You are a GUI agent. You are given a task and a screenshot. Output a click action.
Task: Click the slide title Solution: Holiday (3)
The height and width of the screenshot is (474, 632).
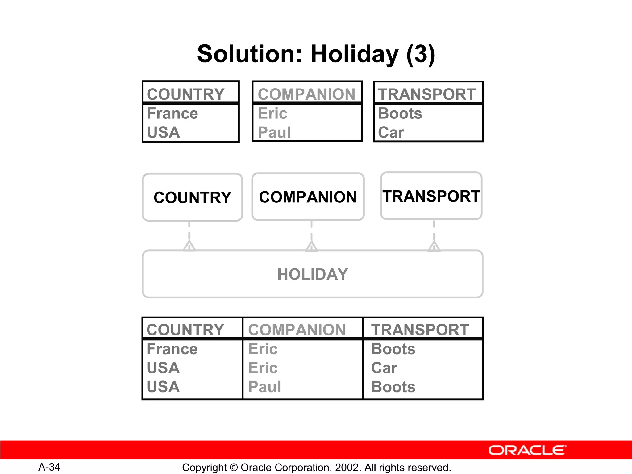(316, 54)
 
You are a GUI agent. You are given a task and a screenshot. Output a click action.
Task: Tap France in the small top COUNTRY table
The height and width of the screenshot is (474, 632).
(172, 114)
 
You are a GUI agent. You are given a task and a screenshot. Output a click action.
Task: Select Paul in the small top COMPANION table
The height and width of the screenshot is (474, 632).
(274, 133)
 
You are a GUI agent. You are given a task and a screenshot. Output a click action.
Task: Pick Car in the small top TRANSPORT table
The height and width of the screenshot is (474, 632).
(391, 133)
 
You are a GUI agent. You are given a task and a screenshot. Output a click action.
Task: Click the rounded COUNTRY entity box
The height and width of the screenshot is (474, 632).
(192, 197)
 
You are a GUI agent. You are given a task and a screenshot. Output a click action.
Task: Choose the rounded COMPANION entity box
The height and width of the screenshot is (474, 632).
(308, 197)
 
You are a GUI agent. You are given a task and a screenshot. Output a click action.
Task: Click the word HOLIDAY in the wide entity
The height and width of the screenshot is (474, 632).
(313, 274)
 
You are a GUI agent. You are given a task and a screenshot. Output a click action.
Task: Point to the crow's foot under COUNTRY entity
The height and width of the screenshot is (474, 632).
(189, 246)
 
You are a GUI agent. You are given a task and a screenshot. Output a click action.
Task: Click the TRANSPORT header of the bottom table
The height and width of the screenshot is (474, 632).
(420, 330)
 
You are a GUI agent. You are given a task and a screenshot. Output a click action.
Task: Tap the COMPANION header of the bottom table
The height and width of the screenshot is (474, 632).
(297, 330)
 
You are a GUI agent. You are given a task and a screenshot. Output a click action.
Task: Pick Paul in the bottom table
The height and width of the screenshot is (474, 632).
(264, 387)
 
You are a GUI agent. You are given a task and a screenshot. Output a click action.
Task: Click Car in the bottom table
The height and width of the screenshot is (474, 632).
(384, 368)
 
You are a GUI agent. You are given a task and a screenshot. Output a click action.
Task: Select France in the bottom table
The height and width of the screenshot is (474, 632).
(172, 349)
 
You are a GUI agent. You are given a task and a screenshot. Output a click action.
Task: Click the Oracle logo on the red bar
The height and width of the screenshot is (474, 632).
(527, 450)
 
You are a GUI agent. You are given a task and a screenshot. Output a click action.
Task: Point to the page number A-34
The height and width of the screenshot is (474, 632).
(49, 467)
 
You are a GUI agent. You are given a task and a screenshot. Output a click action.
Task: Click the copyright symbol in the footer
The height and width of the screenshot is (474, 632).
(234, 468)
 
